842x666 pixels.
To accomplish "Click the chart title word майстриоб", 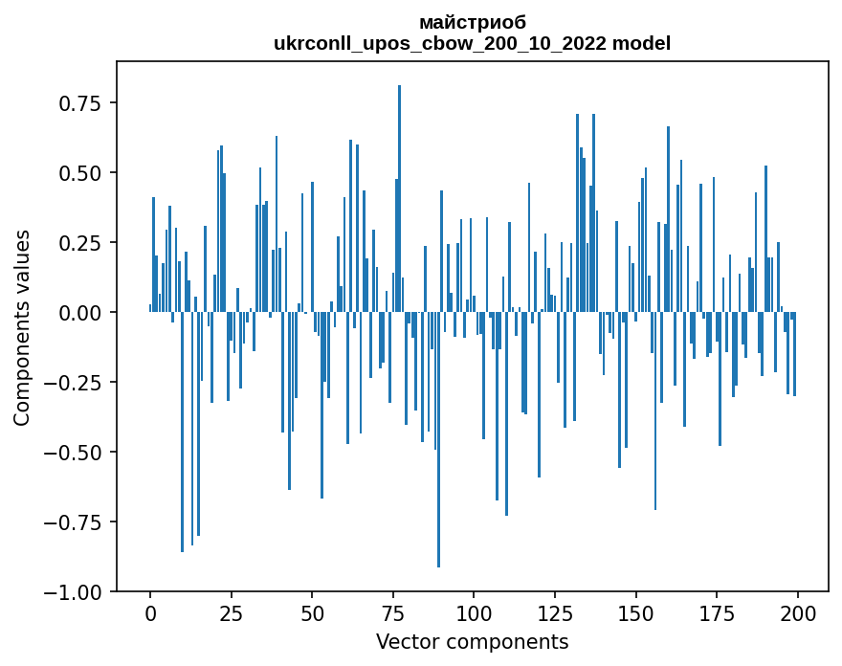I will click(x=473, y=22).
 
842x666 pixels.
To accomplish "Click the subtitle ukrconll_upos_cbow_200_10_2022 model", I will click(x=473, y=43).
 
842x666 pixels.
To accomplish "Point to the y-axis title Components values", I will click(x=21, y=327).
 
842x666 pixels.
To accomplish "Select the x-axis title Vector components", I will click(x=473, y=641).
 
